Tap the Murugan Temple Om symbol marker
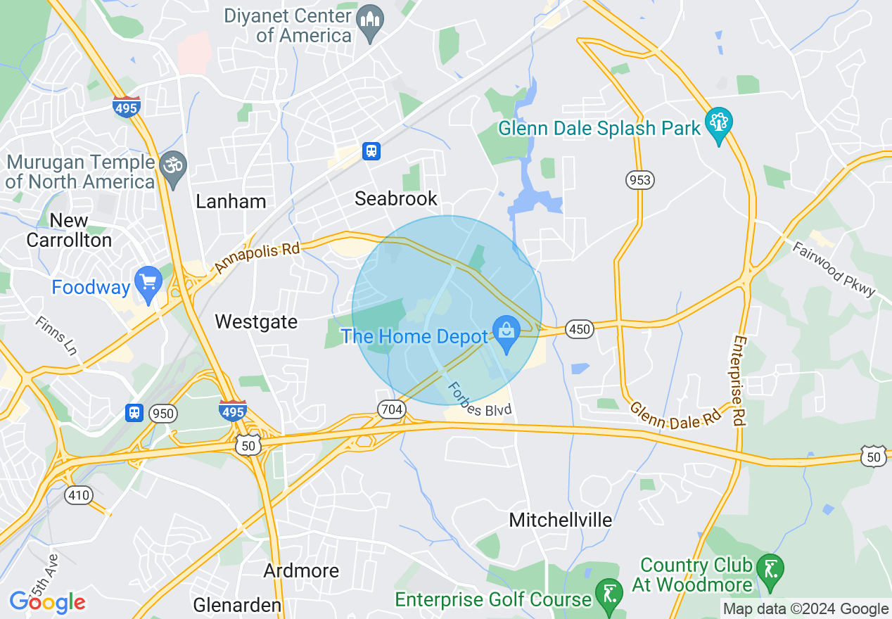coord(172,167)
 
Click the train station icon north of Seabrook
coord(371,151)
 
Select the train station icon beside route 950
coord(134,412)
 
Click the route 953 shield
coord(640,180)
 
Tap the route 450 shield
coord(580,328)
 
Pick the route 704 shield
coord(391,409)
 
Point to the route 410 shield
coord(78,496)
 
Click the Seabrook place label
coord(396,198)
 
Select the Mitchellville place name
coord(561,521)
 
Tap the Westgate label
coord(256,322)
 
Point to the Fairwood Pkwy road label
coord(834,270)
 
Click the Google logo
coord(47,601)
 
